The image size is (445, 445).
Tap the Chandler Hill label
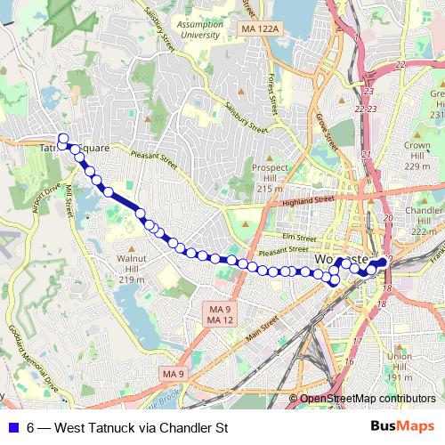pyautogui.click(x=424, y=219)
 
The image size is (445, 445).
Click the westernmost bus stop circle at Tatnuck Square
pyautogui.click(x=62, y=139)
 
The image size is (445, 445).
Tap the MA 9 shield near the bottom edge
pyautogui.click(x=173, y=374)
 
